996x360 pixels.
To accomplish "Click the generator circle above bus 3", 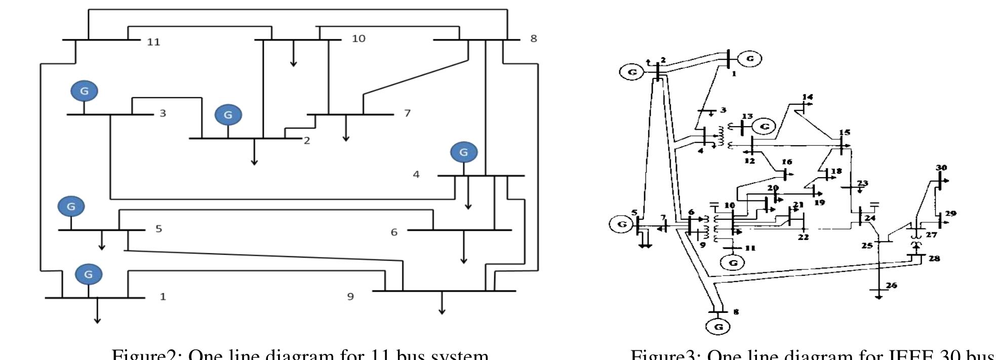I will [84, 91].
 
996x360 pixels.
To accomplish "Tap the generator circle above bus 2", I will [228, 115].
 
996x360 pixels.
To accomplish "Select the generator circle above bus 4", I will [463, 152].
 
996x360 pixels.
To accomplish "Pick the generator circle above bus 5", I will [71, 207].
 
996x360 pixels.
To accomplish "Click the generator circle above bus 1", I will [88, 274].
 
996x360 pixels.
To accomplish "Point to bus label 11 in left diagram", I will [153, 42].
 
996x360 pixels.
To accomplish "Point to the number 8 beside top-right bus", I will [533, 38].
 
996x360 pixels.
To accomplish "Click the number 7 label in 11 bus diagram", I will [407, 113].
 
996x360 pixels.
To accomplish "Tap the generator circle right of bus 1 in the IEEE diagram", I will [749, 58].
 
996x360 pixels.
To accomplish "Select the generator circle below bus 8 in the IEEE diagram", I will [718, 327].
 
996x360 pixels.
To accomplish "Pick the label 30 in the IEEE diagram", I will [941, 168].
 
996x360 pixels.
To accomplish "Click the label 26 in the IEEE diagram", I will [891, 286].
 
